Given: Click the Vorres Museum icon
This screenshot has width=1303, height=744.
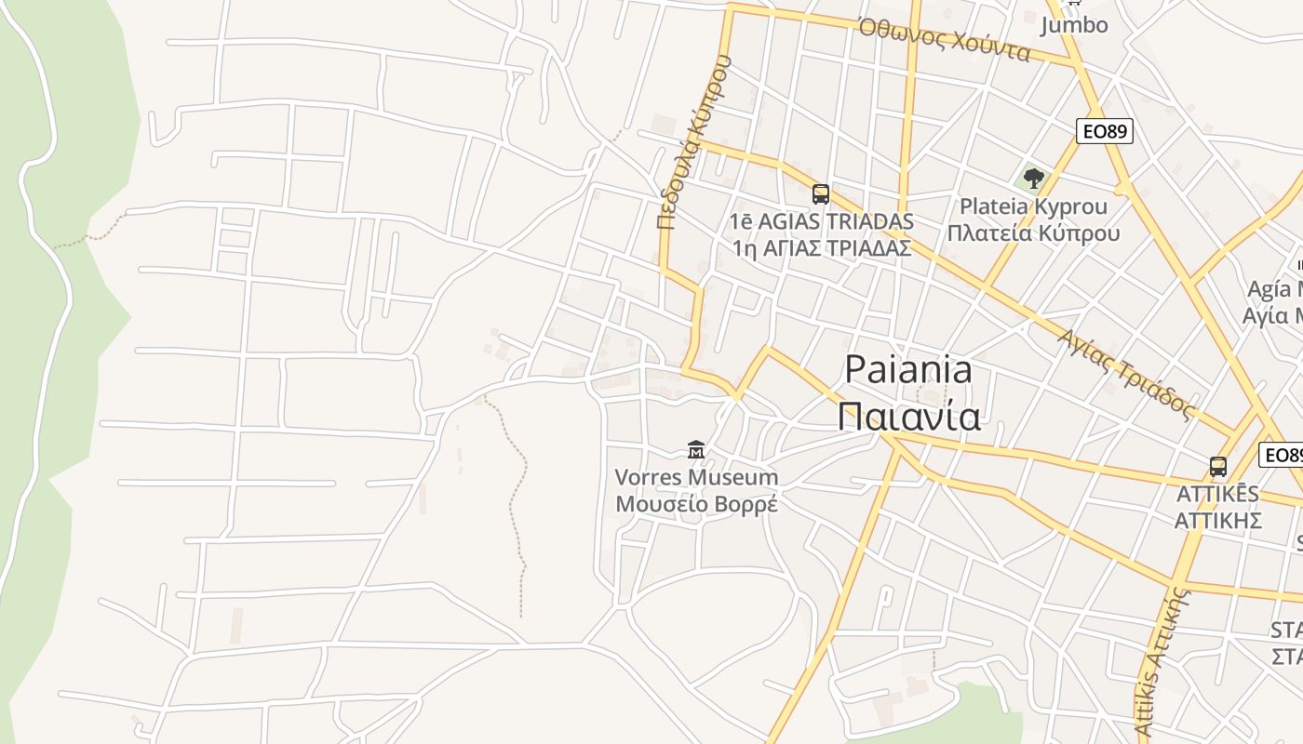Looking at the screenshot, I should click(x=695, y=451).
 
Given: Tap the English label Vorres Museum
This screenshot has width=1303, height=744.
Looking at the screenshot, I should click(x=696, y=478).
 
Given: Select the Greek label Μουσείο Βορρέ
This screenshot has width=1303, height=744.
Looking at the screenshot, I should click(x=696, y=504).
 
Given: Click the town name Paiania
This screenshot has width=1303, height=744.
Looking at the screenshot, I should click(x=907, y=370).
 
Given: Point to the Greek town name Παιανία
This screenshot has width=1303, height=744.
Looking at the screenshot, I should click(x=908, y=416).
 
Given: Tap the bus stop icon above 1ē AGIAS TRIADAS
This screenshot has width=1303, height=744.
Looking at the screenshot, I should click(x=820, y=193).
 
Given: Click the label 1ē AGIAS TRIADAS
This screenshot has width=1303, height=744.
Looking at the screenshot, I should click(x=822, y=222).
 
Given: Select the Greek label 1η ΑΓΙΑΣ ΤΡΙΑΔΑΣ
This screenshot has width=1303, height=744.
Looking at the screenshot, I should click(x=822, y=248).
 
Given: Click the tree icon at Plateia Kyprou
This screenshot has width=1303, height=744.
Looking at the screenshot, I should click(x=1033, y=179).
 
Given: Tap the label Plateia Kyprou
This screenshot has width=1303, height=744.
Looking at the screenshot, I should click(x=1033, y=206).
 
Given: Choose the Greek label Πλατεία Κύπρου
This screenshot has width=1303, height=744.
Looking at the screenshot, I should click(x=1033, y=232).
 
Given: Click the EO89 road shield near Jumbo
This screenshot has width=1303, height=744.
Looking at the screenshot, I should click(x=1105, y=131).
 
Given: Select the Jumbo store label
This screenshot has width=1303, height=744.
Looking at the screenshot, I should click(x=1074, y=25).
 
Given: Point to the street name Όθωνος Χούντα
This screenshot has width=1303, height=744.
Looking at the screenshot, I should click(x=945, y=40).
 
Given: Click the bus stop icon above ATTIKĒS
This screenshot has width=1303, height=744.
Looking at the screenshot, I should click(x=1217, y=467).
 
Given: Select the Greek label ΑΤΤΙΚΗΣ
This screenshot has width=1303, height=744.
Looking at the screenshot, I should click(x=1217, y=519).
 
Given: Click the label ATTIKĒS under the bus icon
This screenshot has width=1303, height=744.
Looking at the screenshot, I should click(x=1217, y=494).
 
